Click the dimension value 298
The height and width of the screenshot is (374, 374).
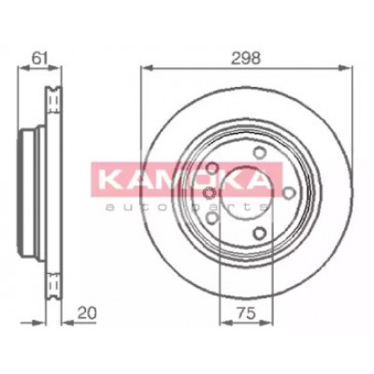(x=246, y=58)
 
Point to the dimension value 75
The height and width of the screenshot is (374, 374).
(x=246, y=314)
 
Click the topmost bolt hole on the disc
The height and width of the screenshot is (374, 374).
(x=258, y=152)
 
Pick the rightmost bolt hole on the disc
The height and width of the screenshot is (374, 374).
(x=289, y=193)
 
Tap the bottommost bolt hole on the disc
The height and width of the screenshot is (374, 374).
(x=259, y=233)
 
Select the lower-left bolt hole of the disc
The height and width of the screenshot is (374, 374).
(x=212, y=218)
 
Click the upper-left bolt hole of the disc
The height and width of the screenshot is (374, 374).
(x=212, y=168)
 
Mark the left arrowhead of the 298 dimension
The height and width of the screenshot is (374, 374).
(x=146, y=68)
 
